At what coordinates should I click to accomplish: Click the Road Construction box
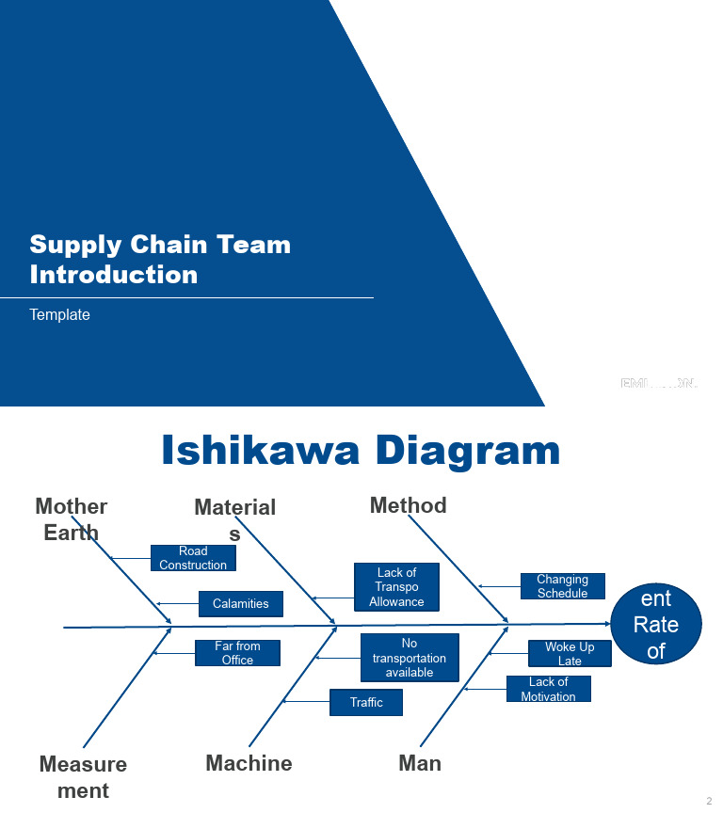[193, 558]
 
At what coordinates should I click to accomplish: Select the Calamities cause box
[241, 604]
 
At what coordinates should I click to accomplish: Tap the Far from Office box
[237, 653]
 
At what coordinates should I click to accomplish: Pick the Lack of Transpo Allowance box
[396, 587]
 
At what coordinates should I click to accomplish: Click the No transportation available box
[410, 658]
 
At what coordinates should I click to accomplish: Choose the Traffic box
[366, 702]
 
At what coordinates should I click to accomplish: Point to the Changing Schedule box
[562, 586]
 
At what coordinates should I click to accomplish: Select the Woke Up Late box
[570, 654]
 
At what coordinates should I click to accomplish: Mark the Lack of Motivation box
[548, 689]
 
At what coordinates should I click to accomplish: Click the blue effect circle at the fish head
[656, 624]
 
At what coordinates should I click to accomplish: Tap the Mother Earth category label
[72, 518]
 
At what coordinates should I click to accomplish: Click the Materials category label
[234, 519]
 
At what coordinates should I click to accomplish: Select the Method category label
[408, 505]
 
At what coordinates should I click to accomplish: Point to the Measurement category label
[83, 776]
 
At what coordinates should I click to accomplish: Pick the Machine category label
[249, 763]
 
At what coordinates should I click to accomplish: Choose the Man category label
[420, 763]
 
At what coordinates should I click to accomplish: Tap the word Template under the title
[59, 315]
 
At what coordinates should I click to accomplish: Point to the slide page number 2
[709, 801]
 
